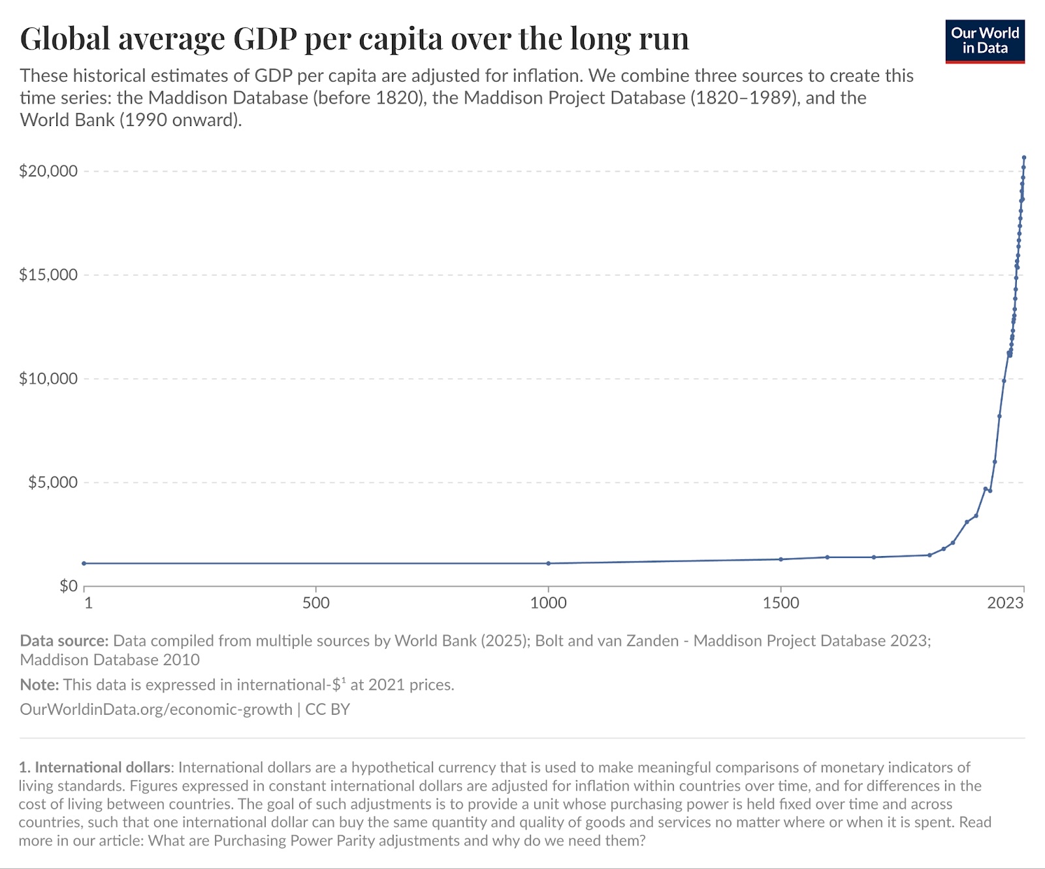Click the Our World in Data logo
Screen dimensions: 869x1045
985,41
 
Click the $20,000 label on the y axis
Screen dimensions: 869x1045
48,171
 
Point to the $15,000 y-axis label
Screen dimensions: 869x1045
48,275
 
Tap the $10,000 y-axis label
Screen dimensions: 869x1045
48,379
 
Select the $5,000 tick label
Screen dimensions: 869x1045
52,483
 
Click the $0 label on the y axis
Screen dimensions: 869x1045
68,586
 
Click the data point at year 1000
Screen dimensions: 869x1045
548,563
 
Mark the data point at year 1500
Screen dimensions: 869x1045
780,559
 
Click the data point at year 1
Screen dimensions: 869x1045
84,563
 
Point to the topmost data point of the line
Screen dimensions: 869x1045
1024,157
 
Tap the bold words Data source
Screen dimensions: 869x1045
64,641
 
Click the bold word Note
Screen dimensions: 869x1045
39,685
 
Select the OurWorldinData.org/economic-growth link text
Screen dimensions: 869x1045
156,710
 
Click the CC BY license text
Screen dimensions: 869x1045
328,710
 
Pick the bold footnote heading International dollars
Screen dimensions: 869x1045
103,767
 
